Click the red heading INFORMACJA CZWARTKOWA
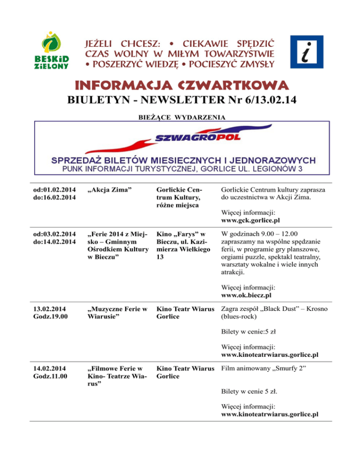(x=180, y=86)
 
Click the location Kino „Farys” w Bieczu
(x=182, y=237)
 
